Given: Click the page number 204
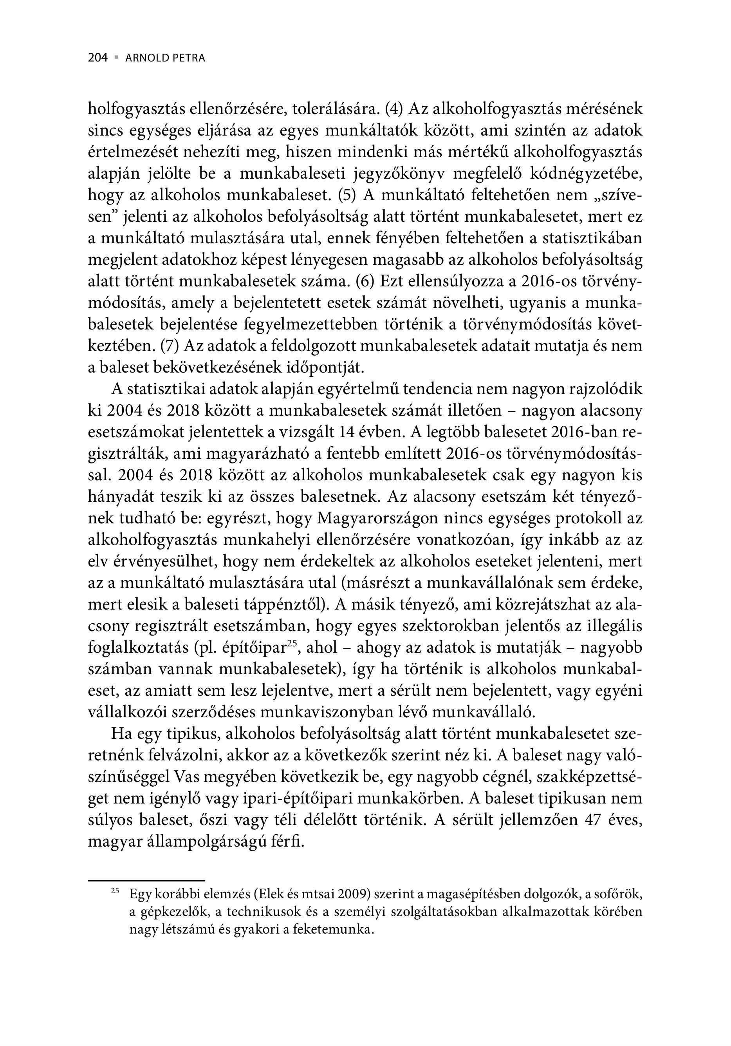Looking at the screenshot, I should pyautogui.click(x=97, y=58).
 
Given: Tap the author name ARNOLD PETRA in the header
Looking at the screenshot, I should pyautogui.click(x=165, y=58).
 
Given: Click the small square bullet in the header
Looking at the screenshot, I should pyautogui.click(x=117, y=58).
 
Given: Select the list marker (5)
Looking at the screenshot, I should pyautogui.click(x=348, y=195).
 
